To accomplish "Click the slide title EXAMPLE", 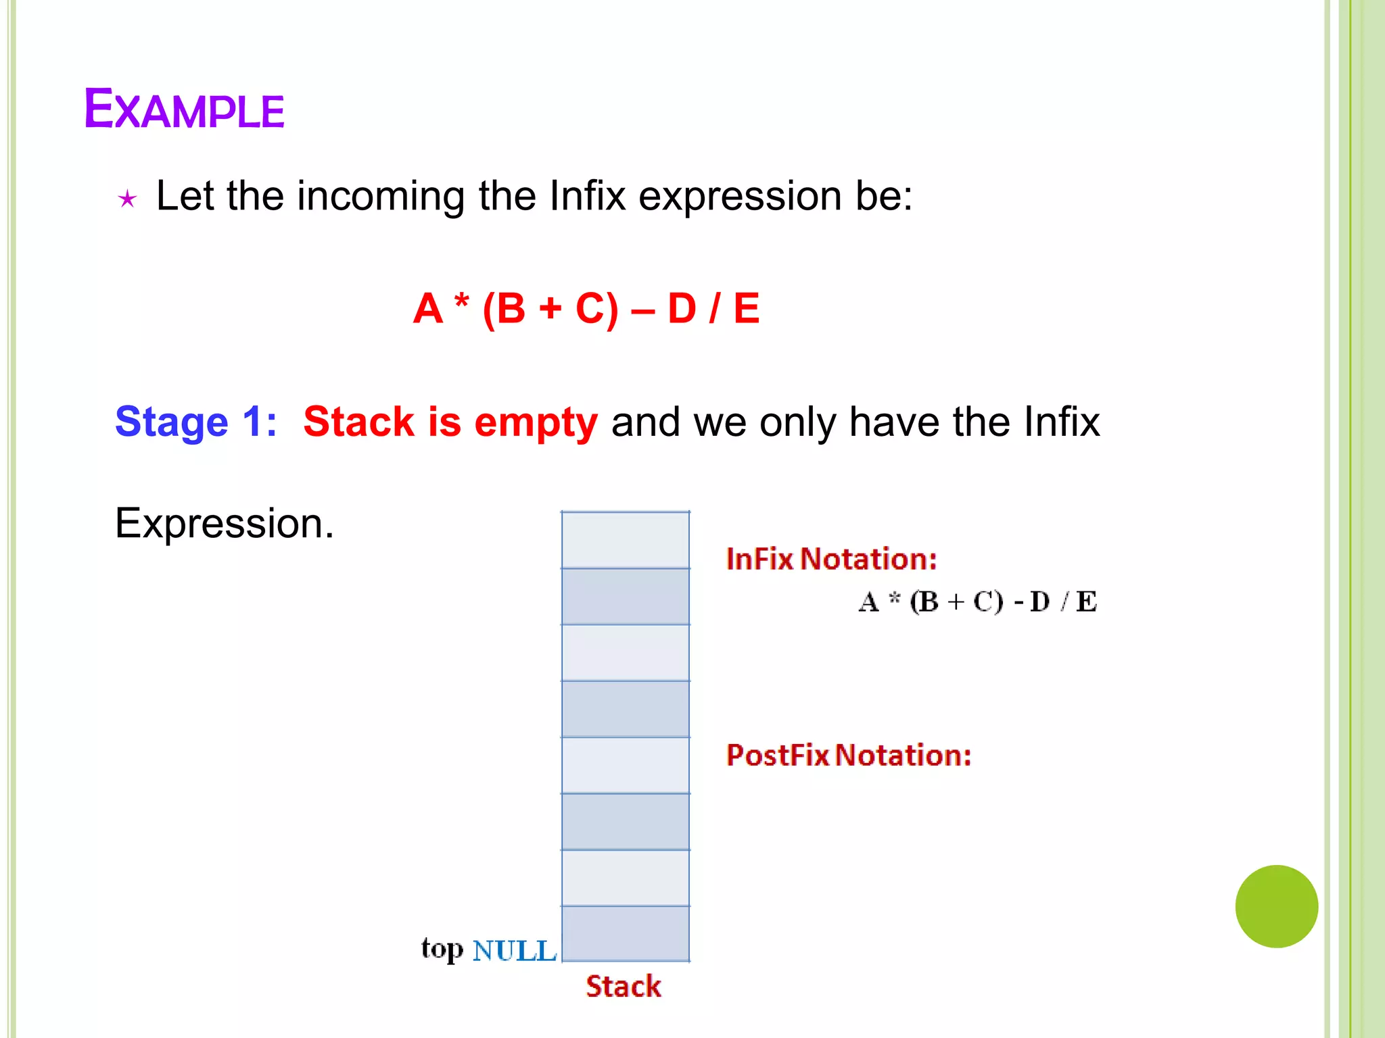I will (184, 109).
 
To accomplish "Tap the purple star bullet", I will (127, 199).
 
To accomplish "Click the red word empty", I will (536, 423).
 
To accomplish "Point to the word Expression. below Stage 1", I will (225, 523).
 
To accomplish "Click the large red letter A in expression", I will (428, 309).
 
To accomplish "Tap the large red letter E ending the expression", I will (746, 309).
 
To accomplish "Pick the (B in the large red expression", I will (504, 309).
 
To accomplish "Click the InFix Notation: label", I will (831, 560).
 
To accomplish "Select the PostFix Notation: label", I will (848, 756).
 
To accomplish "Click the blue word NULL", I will (514, 951).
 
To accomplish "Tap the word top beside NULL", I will (442, 949).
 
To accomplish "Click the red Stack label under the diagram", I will (623, 987).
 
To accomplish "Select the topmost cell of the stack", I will (626, 540).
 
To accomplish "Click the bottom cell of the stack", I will (626, 933).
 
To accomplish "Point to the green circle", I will (1276, 906).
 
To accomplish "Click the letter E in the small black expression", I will (1086, 601).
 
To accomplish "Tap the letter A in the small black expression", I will (869, 601).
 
